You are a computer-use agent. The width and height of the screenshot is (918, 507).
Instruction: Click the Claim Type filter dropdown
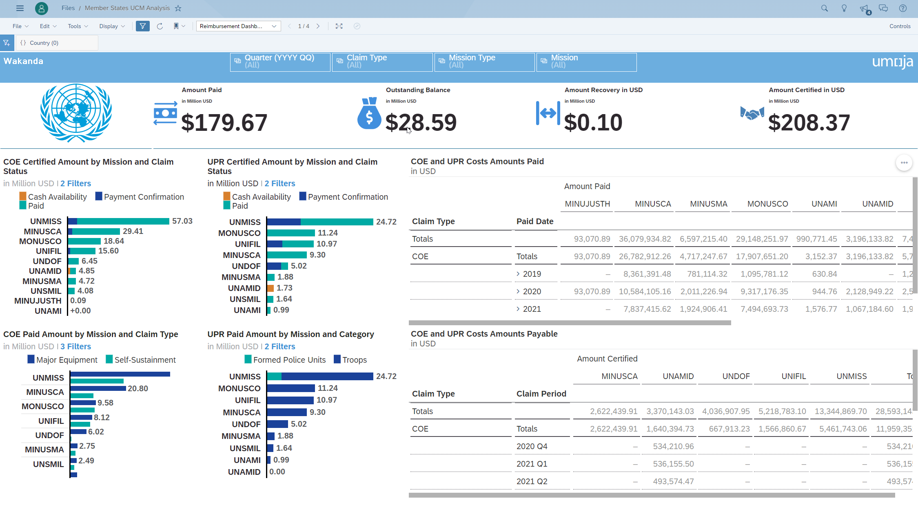coord(382,62)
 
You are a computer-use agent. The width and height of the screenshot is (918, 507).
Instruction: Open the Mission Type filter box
coord(484,62)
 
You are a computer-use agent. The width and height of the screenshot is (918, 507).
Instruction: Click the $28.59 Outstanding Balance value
coord(421,122)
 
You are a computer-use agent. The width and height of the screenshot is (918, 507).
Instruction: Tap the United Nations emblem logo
coord(76,113)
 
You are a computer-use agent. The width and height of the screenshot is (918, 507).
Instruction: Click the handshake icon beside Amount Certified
coord(752,114)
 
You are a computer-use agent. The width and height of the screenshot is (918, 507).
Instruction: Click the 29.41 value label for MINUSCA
coord(133,231)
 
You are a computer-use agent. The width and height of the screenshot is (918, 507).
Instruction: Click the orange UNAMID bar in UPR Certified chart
coord(271,288)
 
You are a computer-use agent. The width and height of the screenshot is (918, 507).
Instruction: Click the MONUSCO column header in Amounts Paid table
coord(767,204)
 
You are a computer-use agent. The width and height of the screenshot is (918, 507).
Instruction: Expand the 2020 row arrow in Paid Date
coord(518,291)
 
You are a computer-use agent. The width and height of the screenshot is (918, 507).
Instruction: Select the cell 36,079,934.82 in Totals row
coord(645,239)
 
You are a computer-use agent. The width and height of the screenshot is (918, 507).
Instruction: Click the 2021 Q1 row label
coord(532,464)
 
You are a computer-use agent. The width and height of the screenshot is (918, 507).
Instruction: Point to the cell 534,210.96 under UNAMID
coord(673,446)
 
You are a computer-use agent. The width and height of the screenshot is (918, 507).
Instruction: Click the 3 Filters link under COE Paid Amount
coord(75,346)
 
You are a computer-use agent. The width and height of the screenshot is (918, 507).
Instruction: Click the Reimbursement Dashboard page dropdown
coord(238,26)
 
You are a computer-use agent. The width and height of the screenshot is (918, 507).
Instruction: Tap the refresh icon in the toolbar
coord(160,26)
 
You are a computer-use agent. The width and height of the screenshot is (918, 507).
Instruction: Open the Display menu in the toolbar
coord(112,26)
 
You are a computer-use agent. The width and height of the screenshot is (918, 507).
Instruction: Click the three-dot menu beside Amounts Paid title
coord(904,163)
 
